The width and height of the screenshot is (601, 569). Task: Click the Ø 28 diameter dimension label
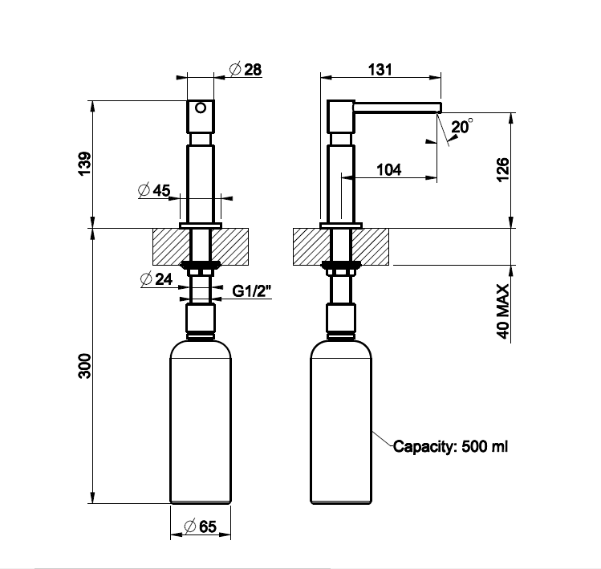click(x=246, y=69)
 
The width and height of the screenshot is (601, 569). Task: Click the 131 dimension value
click(x=380, y=70)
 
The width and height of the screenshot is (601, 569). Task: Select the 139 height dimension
click(x=85, y=164)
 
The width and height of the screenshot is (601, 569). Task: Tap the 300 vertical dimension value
click(x=85, y=366)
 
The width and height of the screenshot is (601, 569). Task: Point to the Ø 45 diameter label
click(x=154, y=190)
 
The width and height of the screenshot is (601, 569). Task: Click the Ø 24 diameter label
click(x=156, y=279)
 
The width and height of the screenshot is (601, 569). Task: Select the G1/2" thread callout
click(x=251, y=291)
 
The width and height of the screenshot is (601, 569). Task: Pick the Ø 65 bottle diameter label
click(x=201, y=526)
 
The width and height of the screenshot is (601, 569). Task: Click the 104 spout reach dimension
click(x=389, y=169)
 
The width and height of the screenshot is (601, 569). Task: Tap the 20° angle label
click(x=462, y=127)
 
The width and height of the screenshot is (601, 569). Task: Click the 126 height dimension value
click(x=503, y=169)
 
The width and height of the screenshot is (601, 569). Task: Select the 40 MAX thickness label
click(x=503, y=311)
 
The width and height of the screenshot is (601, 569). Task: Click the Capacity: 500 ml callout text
click(x=450, y=446)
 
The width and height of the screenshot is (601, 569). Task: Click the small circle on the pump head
click(x=201, y=108)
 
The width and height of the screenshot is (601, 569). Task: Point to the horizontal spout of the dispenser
click(x=397, y=108)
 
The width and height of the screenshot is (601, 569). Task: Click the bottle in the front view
click(x=201, y=422)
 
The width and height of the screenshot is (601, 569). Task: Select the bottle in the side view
click(x=341, y=422)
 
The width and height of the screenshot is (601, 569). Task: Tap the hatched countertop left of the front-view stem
click(x=172, y=246)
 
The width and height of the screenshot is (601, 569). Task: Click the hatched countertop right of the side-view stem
click(x=369, y=246)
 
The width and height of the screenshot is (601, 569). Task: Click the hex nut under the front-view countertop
click(x=201, y=272)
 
